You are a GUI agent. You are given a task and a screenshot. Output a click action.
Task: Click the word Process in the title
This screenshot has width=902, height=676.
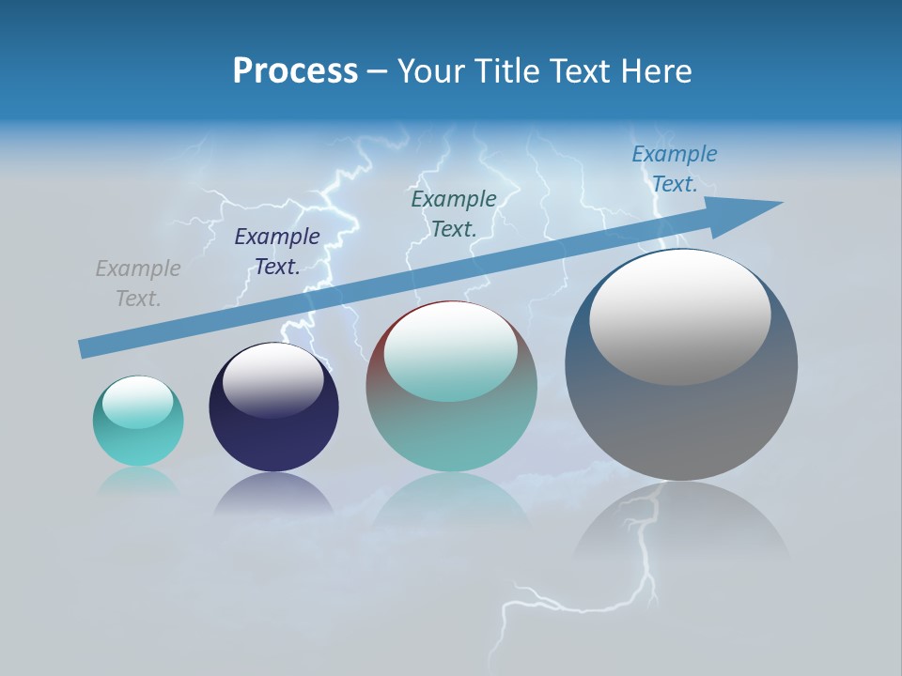295,71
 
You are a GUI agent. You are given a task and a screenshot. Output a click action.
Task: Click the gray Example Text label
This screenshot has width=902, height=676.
138,284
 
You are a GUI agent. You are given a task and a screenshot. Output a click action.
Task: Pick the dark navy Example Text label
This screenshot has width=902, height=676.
277,252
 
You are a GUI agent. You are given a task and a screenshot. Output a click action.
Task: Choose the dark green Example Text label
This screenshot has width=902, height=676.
454,213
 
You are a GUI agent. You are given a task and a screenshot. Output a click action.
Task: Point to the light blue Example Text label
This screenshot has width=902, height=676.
675,169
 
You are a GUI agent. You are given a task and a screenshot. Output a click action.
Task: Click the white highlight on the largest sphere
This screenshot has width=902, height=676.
680,316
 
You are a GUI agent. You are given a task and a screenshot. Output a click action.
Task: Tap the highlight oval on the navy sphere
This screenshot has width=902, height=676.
273,380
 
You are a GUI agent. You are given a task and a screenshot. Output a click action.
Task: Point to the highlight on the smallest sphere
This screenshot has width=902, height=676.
138,402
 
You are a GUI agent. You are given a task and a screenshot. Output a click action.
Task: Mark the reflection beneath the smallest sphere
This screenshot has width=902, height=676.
138,481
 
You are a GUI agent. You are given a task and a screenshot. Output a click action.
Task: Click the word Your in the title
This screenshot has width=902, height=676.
433,71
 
